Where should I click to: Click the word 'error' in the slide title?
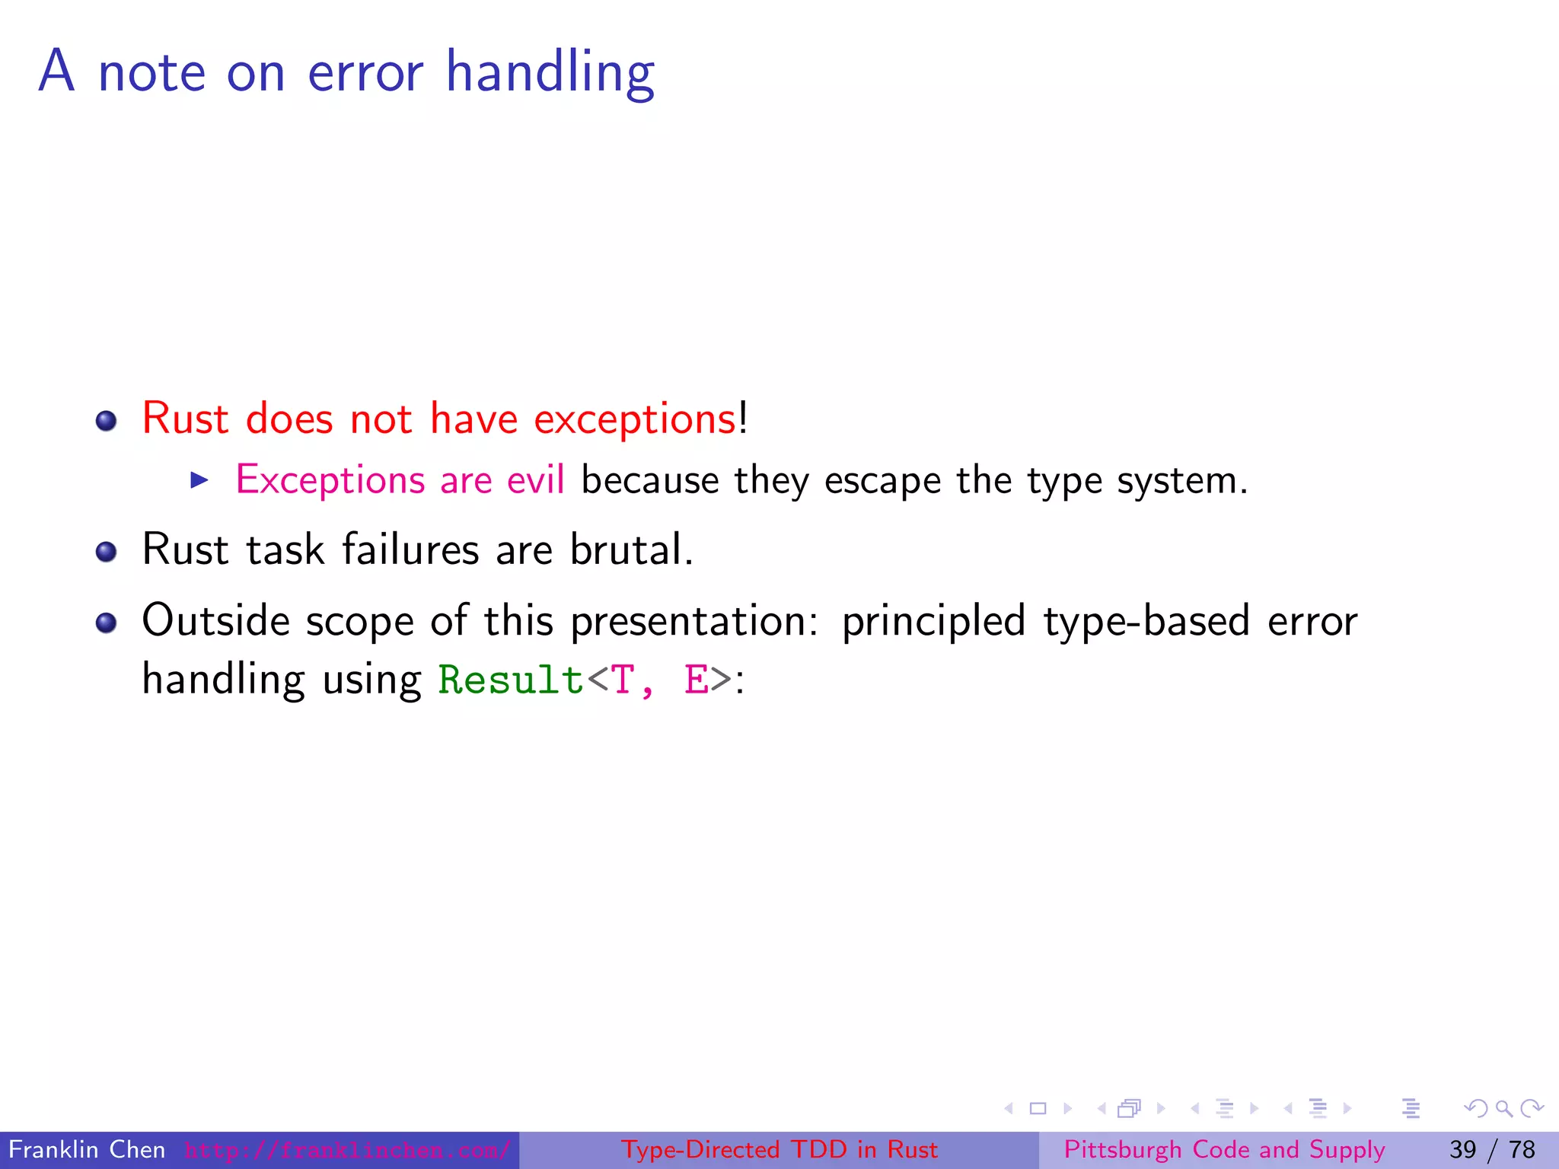pyautogui.click(x=365, y=73)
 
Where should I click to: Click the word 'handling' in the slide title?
pyautogui.click(x=550, y=73)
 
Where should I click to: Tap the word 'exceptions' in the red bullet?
pyautogui.click(x=635, y=419)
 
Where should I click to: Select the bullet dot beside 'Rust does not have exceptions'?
pyautogui.click(x=107, y=421)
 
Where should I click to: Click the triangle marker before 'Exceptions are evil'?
pyautogui.click(x=199, y=480)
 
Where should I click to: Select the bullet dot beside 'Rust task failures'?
pyautogui.click(x=107, y=552)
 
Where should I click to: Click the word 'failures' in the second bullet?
pyautogui.click(x=410, y=549)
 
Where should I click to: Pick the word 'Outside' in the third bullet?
pyautogui.click(x=216, y=620)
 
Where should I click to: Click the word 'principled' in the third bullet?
pyautogui.click(x=934, y=622)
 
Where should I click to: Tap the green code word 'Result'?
pyautogui.click(x=510, y=680)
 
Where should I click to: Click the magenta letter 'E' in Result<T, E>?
pyautogui.click(x=696, y=680)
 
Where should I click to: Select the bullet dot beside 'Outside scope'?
pyautogui.click(x=107, y=623)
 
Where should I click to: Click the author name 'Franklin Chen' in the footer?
pyautogui.click(x=87, y=1149)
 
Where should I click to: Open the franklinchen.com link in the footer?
pyautogui.click(x=347, y=1150)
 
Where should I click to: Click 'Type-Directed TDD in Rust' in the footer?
pyautogui.click(x=779, y=1149)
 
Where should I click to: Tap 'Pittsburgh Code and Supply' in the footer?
pyautogui.click(x=1224, y=1149)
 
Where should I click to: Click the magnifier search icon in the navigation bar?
pyautogui.click(x=1503, y=1109)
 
